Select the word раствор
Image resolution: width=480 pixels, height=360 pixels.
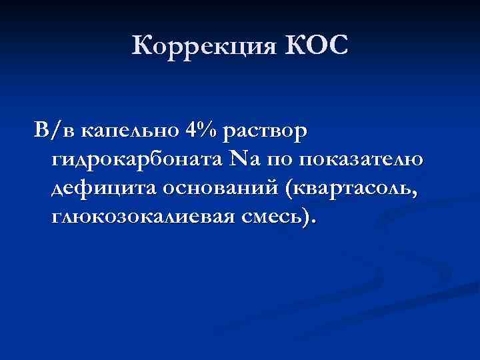coord(266,133)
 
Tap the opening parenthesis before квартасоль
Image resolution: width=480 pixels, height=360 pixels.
coord(287,190)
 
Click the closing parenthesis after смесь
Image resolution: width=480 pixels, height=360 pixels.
coord(305,219)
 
